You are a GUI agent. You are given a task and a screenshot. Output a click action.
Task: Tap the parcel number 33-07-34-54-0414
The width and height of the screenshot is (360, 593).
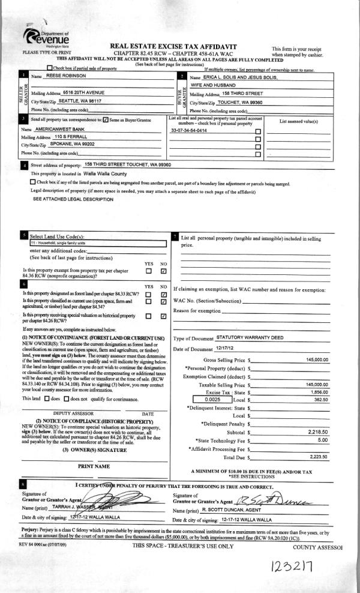pos(189,130)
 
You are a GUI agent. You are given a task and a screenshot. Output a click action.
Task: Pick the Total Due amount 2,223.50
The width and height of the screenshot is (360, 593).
pos(317,457)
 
